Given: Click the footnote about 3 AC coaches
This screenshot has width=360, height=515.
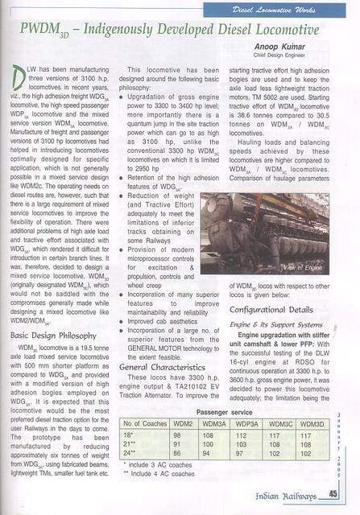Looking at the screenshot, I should tap(153, 467).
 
